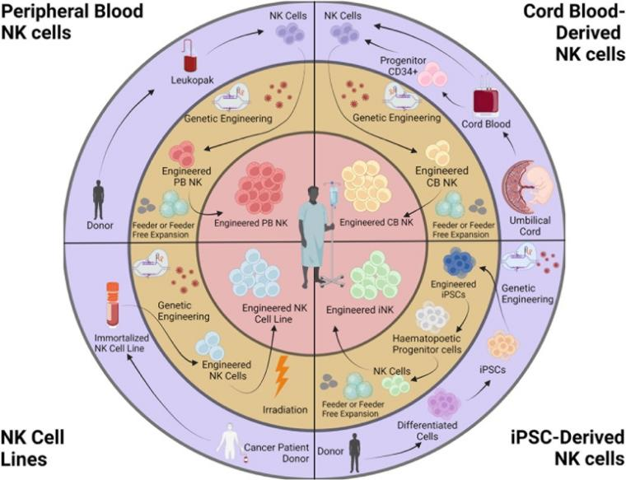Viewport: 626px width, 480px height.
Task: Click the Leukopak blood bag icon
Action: pos(192,65)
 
